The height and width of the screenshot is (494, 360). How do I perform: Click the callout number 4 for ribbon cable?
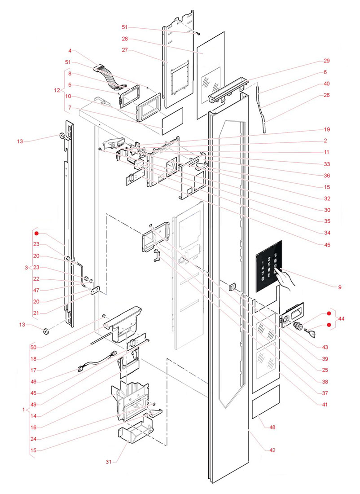pyautogui.click(x=70, y=51)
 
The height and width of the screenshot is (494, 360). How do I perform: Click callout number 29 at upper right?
pyautogui.click(x=326, y=61)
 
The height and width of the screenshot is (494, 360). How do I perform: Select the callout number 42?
pyautogui.click(x=272, y=450)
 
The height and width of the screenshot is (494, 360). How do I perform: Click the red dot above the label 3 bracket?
pyautogui.click(x=38, y=234)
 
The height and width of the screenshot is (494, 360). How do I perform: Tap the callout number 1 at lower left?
pyautogui.click(x=23, y=409)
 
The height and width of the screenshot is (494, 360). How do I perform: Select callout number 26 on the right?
pyautogui.click(x=326, y=95)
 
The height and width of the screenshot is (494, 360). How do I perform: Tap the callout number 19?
pyautogui.click(x=326, y=129)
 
